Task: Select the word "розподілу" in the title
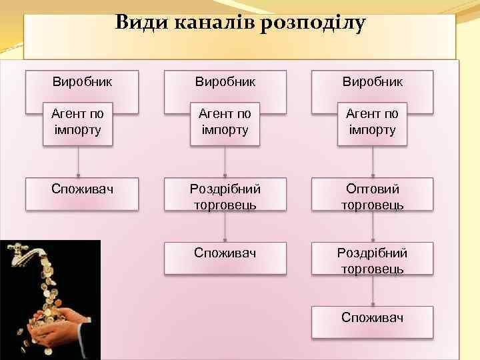pyautogui.click(x=314, y=23)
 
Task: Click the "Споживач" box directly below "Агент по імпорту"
pyautogui.click(x=82, y=194)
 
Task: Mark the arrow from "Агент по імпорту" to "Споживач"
pyautogui.click(x=79, y=161)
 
